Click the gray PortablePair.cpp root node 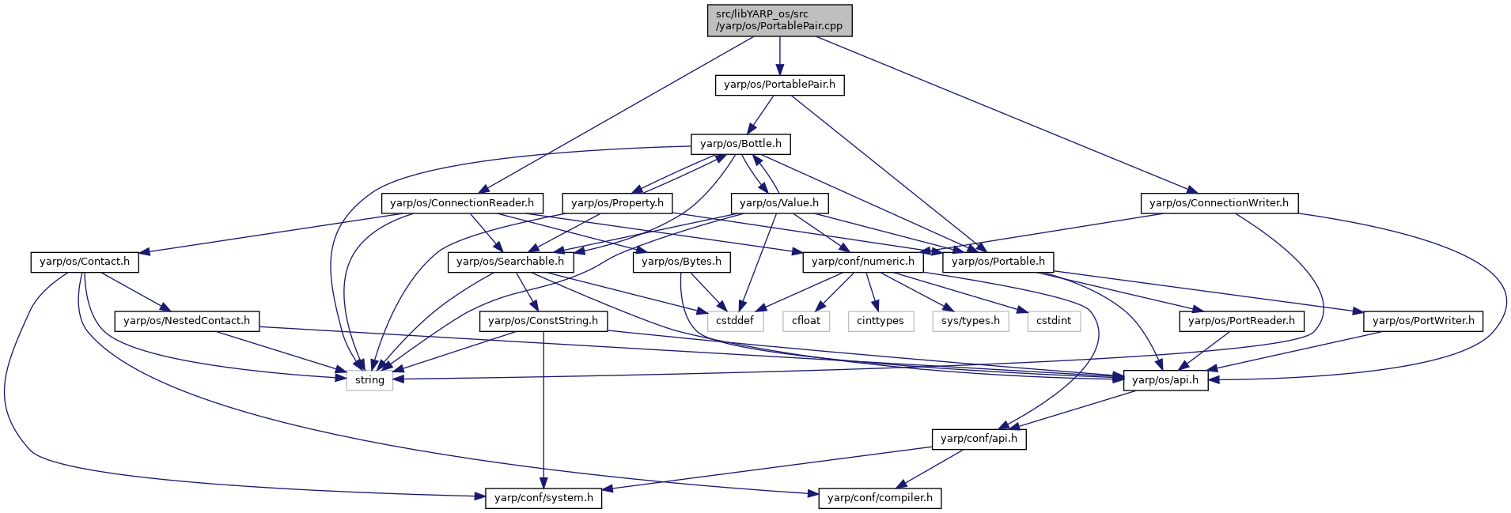pos(779,20)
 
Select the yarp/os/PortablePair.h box pos(779,85)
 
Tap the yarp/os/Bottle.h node pos(740,144)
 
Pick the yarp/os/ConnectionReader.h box pos(462,203)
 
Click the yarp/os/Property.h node pos(617,203)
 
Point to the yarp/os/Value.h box pos(779,203)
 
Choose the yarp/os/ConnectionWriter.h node pos(1219,203)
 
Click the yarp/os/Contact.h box pos(85,262)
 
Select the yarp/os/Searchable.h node pos(510,262)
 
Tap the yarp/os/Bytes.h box pos(681,262)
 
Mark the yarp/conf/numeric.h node pos(863,262)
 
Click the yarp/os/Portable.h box pos(998,262)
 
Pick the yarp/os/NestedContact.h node pos(187,321)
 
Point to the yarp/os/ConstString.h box pos(543,321)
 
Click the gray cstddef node pos(735,321)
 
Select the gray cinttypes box pos(880,321)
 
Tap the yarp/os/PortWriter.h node pos(1423,321)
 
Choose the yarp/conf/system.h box pos(543,498)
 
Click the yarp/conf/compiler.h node pos(880,498)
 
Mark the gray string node pos(369,380)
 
